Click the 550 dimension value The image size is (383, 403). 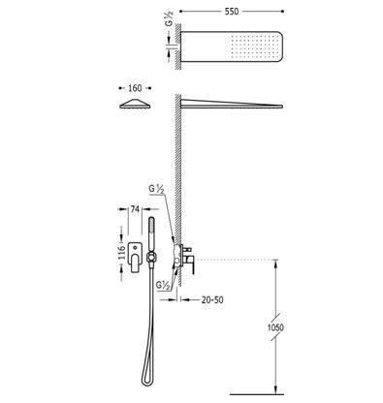click(x=232, y=12)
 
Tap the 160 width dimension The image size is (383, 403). click(x=135, y=88)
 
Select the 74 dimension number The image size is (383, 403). click(x=135, y=209)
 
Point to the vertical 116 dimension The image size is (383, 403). click(x=121, y=253)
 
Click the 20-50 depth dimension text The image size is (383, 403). click(x=212, y=300)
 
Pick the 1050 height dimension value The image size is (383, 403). click(x=275, y=327)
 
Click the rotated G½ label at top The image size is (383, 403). click(x=170, y=18)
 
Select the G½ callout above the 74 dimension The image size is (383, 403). click(x=157, y=189)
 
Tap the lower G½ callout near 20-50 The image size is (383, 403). click(x=163, y=286)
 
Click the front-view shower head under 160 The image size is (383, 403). click(x=135, y=104)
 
